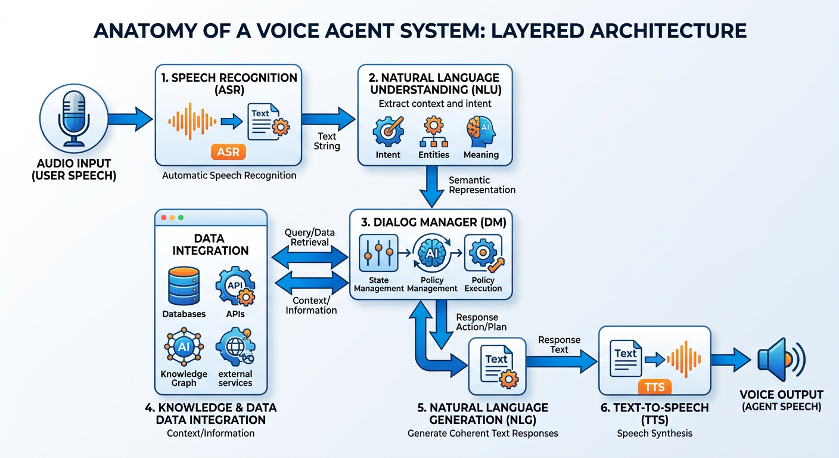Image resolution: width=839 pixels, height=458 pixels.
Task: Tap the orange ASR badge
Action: click(228, 152)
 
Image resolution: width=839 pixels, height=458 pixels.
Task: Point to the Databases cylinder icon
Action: click(184, 286)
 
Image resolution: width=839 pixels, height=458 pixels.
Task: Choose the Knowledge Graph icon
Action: click(184, 346)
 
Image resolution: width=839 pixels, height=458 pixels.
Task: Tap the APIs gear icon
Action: click(235, 287)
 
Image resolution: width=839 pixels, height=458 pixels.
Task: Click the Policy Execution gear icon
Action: click(483, 253)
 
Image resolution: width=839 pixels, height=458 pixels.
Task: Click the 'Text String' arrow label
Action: click(327, 141)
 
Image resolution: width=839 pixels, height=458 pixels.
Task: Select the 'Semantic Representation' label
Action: click(481, 185)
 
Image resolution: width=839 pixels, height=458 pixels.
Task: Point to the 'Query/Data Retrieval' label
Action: click(310, 237)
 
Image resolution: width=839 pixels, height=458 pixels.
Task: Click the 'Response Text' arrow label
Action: click(559, 345)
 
